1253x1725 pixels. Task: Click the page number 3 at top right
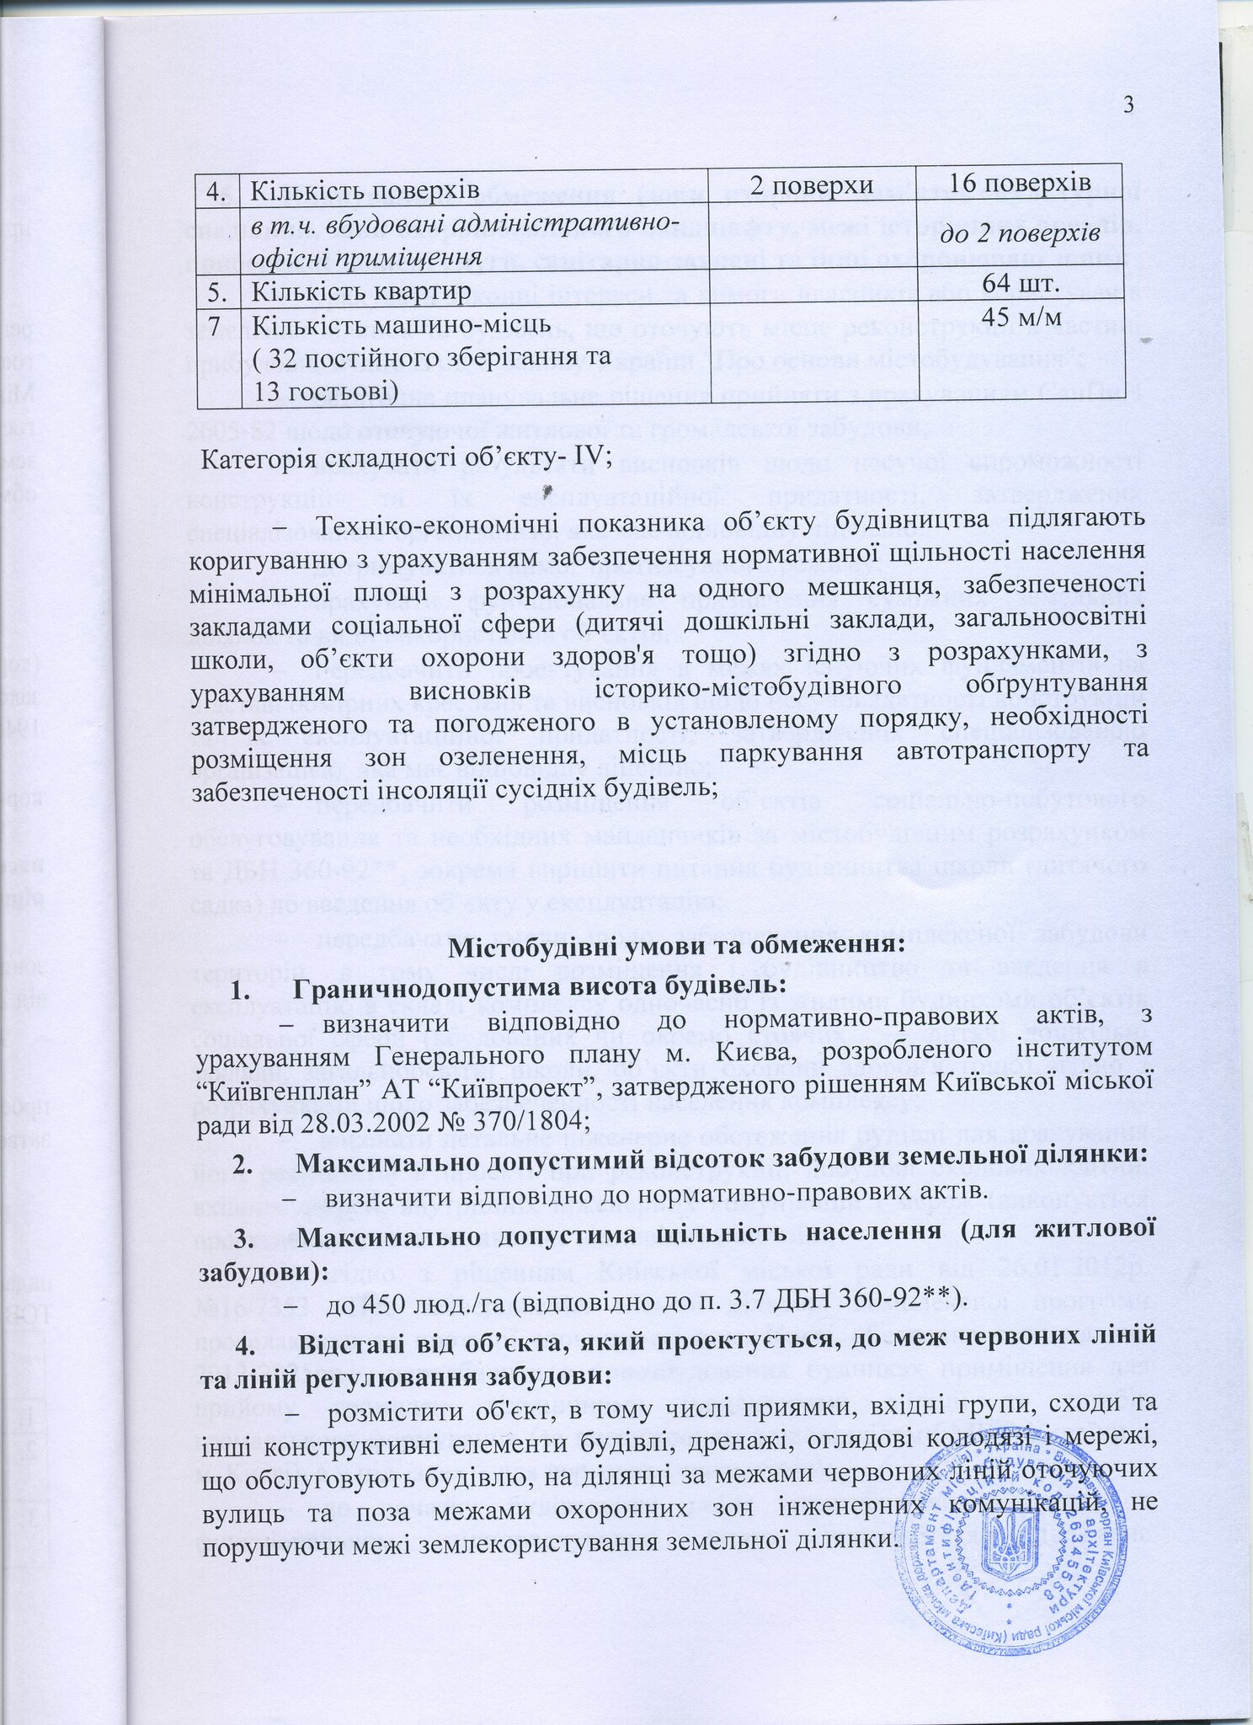pyautogui.click(x=1129, y=104)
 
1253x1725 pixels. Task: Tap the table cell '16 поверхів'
pyautogui.click(x=1024, y=184)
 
